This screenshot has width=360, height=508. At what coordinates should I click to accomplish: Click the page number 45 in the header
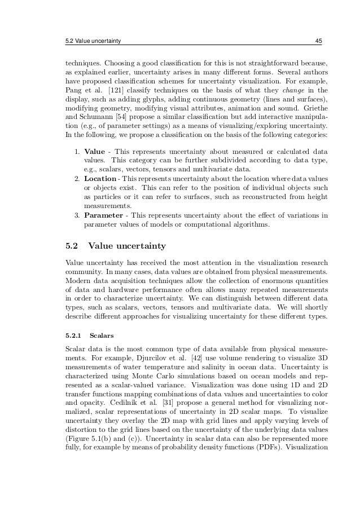point(318,41)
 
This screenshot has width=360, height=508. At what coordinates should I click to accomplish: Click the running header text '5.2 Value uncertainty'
point(94,41)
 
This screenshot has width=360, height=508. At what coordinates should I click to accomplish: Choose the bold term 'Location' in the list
point(100,178)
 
